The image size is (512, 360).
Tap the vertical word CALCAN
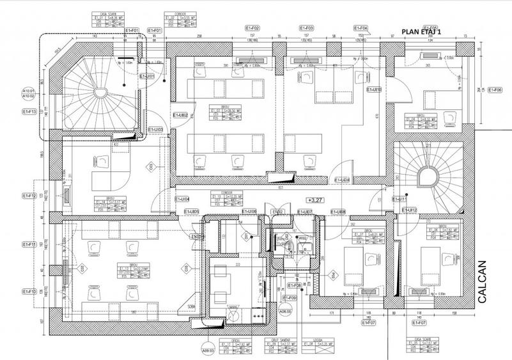click(x=482, y=279)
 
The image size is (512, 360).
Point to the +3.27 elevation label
click(x=315, y=200)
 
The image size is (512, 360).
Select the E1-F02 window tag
click(x=253, y=29)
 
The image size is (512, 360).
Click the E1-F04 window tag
click(x=361, y=29)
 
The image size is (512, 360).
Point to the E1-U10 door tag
click(x=374, y=90)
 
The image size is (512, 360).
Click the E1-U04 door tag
click(x=182, y=199)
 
